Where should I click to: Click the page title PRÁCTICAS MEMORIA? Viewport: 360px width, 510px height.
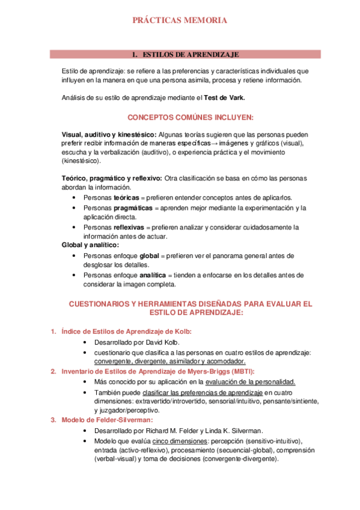coord(180,21)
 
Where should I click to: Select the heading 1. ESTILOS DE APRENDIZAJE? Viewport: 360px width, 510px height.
coord(185,55)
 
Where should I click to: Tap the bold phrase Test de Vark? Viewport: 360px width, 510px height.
coord(224,98)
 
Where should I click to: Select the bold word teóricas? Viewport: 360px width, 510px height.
coord(126,197)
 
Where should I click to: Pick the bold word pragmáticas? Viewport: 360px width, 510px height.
coord(133,207)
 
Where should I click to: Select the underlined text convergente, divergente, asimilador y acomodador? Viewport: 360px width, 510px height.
coord(170,361)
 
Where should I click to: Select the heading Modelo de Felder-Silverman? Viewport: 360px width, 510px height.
coord(106,420)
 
